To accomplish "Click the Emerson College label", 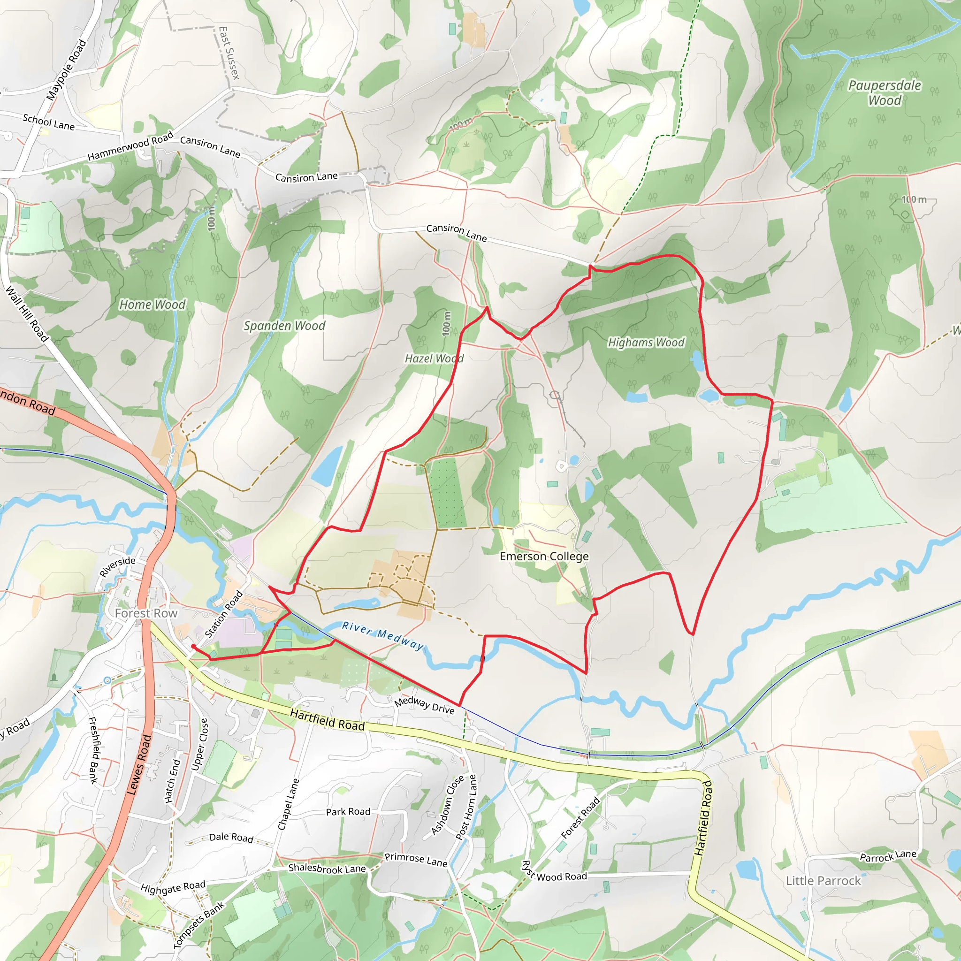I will click(x=544, y=556).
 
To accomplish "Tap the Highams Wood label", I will click(x=646, y=342).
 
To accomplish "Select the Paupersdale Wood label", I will click(x=885, y=92).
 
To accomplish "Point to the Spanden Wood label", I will click(x=284, y=326).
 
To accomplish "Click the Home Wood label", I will click(x=152, y=305).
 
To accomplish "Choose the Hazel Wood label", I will click(x=434, y=358).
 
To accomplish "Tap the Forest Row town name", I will click(x=146, y=613).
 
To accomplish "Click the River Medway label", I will click(x=382, y=636).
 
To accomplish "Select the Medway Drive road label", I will click(x=424, y=705).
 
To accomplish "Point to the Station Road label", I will click(x=224, y=614).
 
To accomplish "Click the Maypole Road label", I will click(x=66, y=70).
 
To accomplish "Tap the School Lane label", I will click(x=49, y=122).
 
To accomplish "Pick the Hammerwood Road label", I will click(x=130, y=146).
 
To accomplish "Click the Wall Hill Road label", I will click(x=27, y=313).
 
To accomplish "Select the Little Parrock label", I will click(x=823, y=881).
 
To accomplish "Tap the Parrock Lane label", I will click(x=888, y=856).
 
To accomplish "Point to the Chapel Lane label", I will click(x=288, y=804).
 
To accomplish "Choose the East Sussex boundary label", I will click(x=229, y=53).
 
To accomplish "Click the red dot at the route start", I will click(x=193, y=646).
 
